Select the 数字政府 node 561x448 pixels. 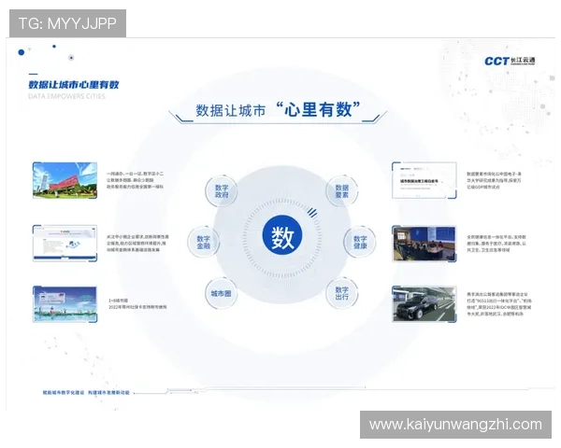click(222, 191)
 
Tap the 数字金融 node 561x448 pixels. click(203, 242)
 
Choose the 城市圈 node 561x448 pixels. click(221, 291)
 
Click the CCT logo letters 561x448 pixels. click(496, 61)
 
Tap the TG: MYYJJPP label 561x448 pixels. click(67, 23)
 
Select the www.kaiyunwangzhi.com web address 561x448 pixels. click(455, 425)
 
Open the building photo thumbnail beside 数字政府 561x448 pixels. click(65, 180)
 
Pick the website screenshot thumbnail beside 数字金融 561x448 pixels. click(65, 242)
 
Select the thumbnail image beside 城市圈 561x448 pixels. click(65, 303)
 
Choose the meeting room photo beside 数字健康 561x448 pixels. click(424, 242)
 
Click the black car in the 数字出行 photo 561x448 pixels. click(429, 308)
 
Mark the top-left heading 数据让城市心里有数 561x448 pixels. click(74, 84)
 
